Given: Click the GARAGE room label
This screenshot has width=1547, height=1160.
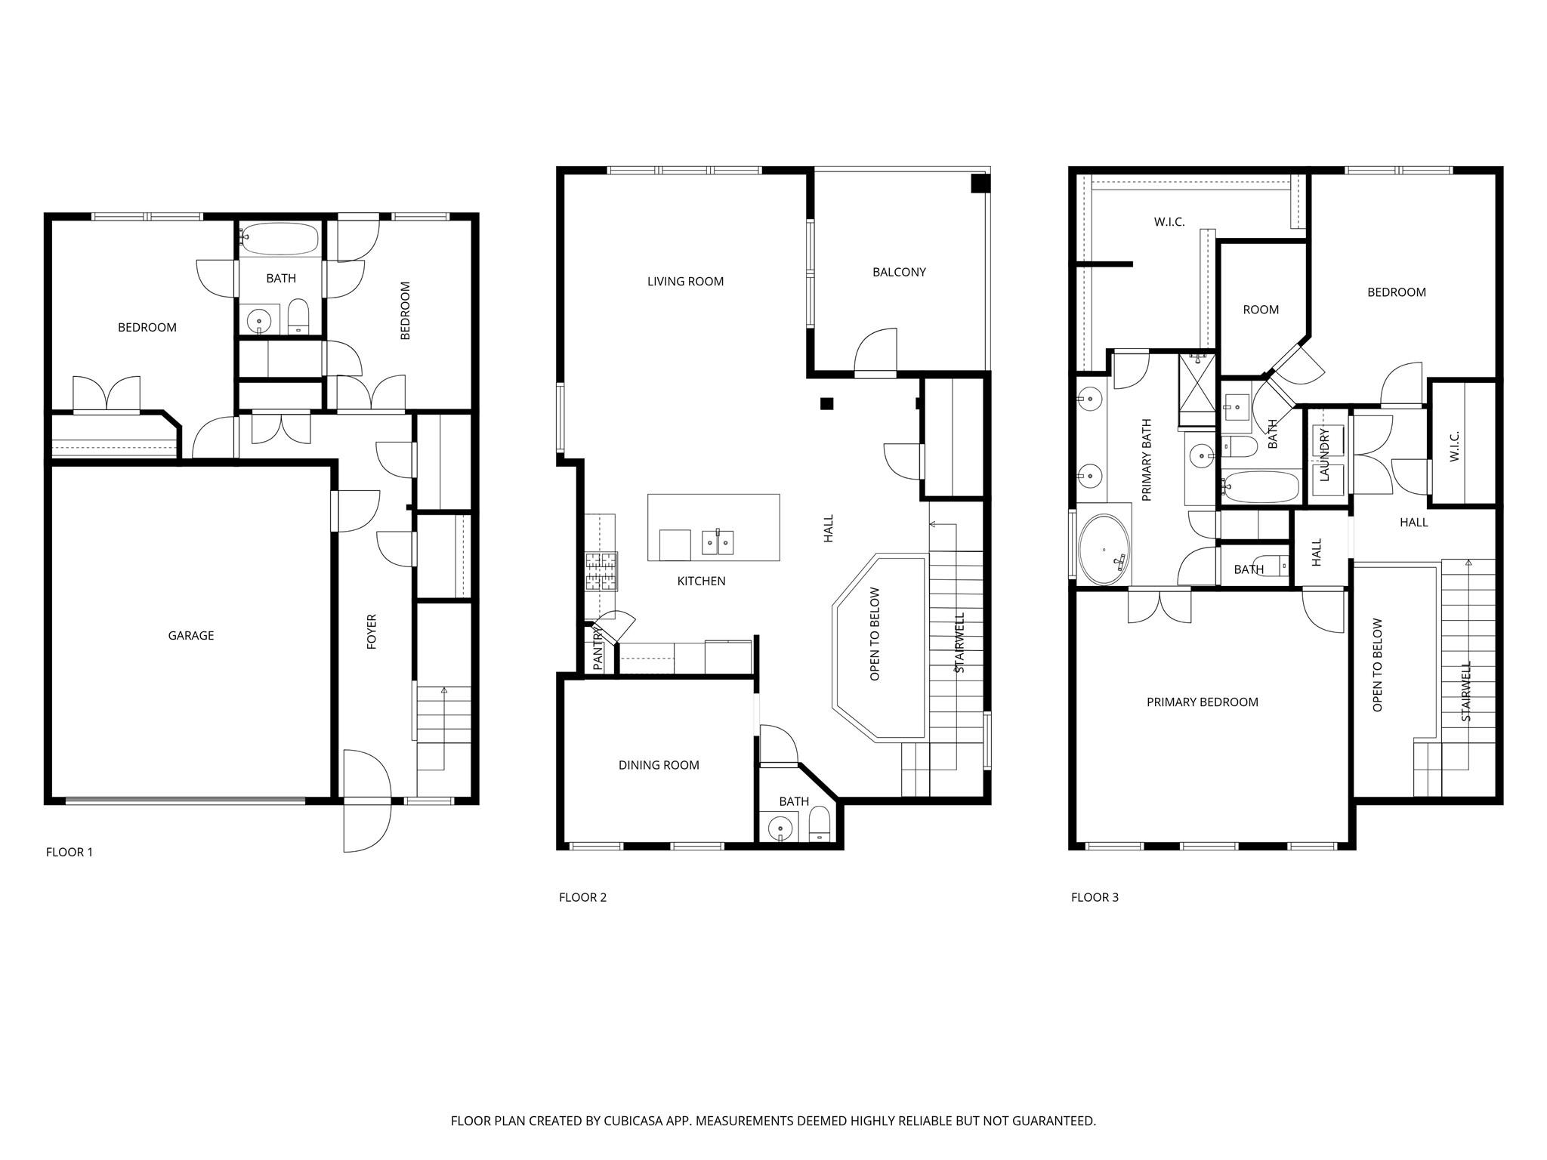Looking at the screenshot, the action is (191, 636).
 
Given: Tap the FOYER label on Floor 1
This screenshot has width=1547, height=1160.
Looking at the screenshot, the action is (372, 631).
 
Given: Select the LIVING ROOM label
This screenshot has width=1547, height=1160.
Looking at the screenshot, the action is (685, 282).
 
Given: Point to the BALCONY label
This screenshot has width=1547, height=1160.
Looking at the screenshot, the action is (899, 272).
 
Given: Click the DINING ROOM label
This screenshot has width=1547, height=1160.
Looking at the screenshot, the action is (659, 765).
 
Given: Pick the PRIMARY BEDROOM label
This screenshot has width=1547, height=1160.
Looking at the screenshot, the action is (1203, 702).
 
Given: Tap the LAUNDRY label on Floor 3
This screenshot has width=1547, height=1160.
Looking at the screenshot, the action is (1324, 455).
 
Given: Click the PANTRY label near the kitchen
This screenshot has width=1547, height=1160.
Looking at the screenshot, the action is (597, 648).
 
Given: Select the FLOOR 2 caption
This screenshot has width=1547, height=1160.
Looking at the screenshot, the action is (582, 897).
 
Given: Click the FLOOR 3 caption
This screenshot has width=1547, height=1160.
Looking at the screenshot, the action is (1095, 897).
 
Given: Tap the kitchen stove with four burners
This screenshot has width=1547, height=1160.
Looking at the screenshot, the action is (601, 571).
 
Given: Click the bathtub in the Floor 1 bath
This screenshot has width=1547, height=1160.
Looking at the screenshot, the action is (280, 239).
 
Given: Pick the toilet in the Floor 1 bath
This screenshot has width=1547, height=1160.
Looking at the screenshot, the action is (299, 316).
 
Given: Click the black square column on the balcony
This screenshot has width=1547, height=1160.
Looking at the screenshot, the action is (980, 184).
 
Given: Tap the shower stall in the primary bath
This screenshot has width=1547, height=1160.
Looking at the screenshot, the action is (1197, 390).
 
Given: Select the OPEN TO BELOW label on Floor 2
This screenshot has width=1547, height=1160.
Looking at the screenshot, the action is (875, 634).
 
